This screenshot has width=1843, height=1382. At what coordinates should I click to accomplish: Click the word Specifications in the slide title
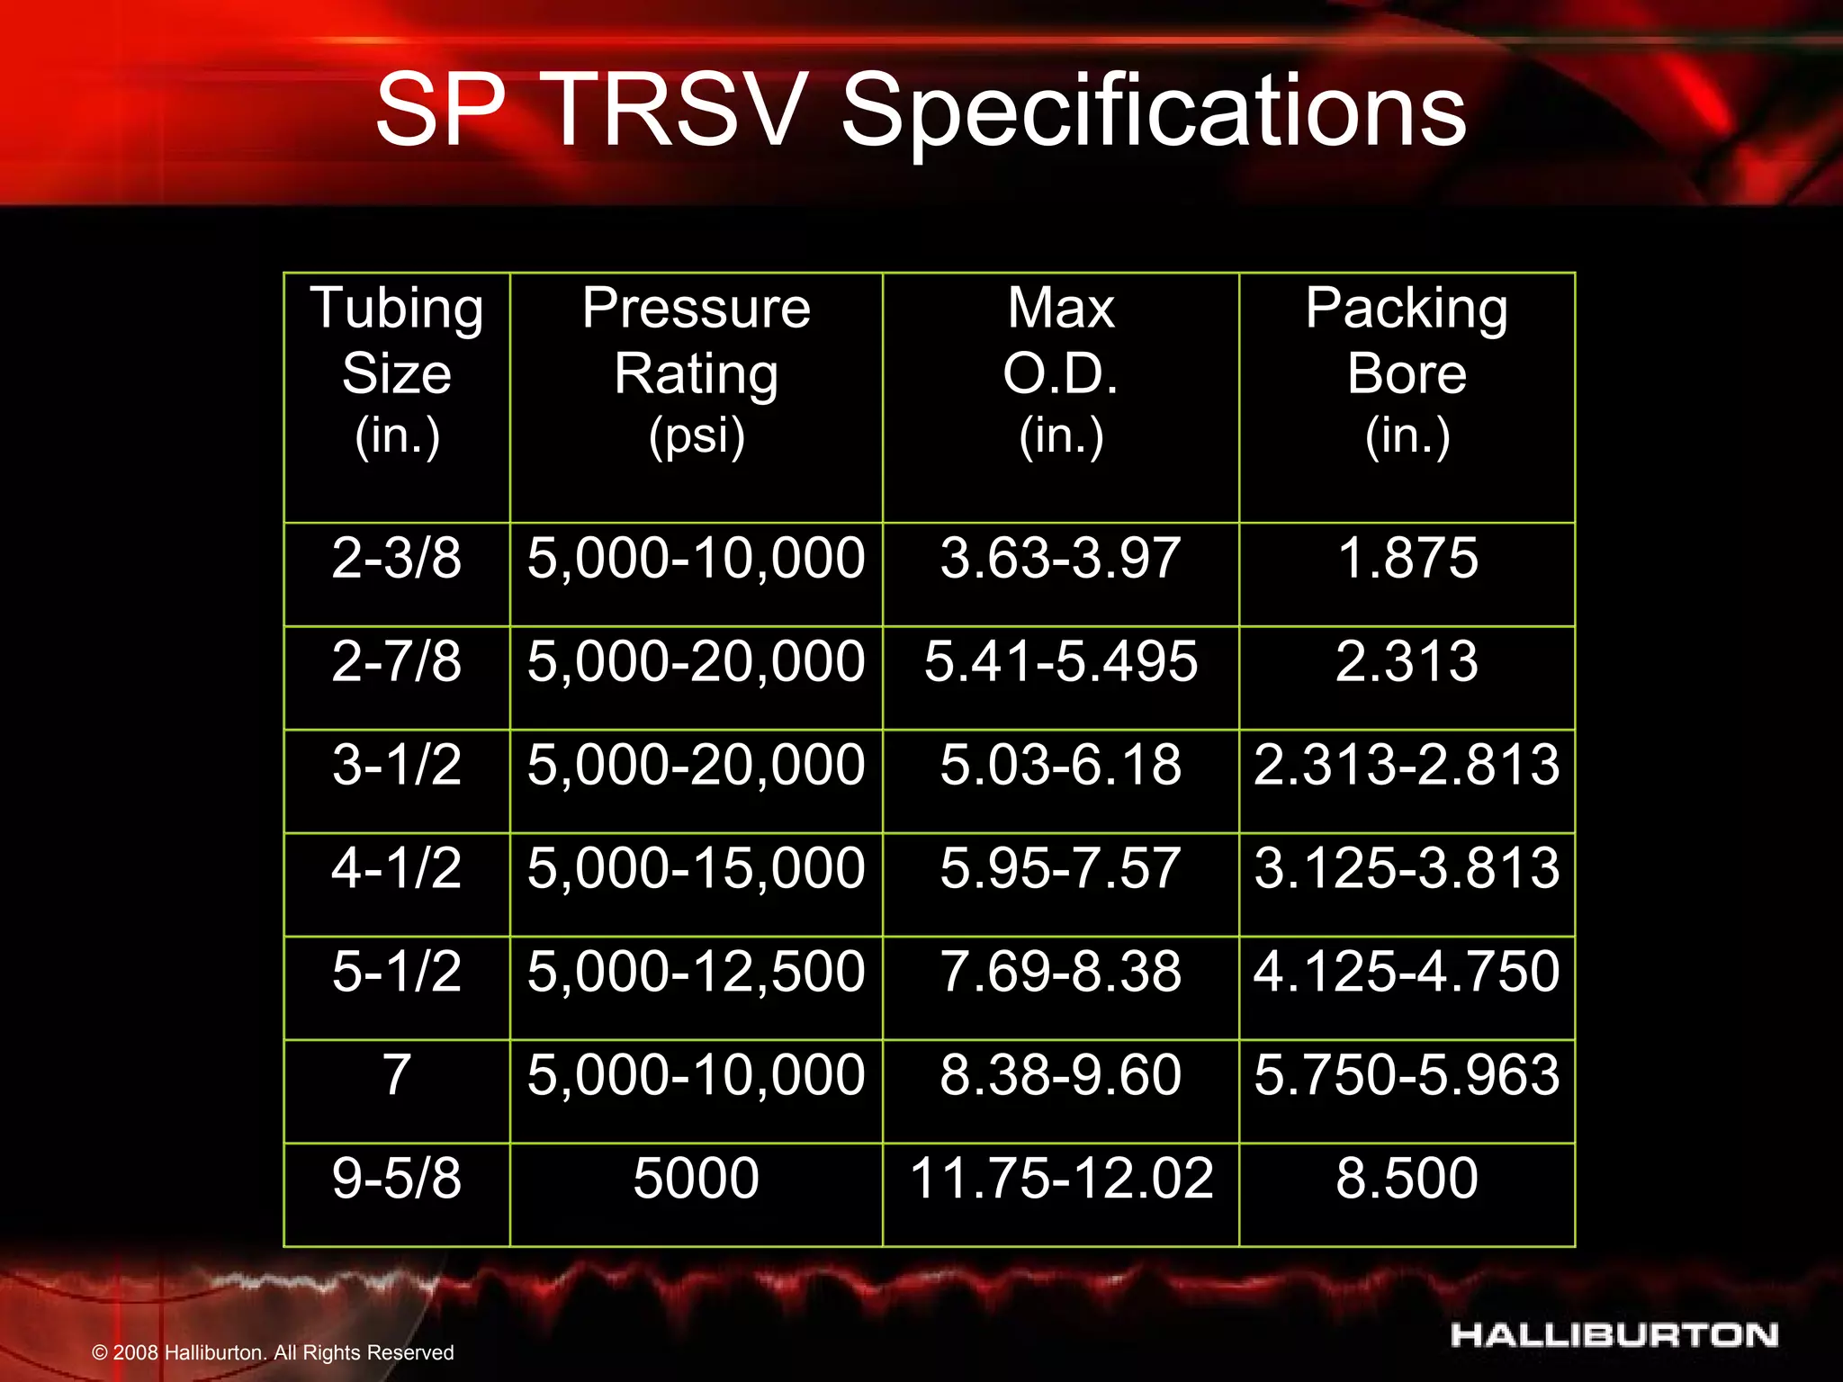(1154, 112)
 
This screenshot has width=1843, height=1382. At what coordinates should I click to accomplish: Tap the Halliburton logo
(1614, 1335)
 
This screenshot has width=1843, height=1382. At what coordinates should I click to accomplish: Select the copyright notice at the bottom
(273, 1352)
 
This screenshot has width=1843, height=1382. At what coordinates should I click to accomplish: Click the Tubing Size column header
(397, 372)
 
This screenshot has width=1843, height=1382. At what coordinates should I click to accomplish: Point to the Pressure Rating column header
(696, 372)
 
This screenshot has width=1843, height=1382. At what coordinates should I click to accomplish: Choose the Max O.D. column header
(1060, 372)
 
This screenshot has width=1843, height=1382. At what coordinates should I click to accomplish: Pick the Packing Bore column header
(1407, 372)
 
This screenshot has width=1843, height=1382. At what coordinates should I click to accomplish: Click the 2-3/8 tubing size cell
(397, 558)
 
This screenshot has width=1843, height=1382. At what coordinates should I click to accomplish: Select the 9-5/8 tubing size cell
(397, 1178)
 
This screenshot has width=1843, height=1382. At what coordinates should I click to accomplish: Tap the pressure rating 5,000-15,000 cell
(696, 868)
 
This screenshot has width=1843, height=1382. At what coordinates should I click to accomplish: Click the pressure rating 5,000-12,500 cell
(696, 972)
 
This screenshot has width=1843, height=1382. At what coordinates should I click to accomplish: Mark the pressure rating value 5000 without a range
(696, 1178)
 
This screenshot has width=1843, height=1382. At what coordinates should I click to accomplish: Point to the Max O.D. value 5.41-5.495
(1060, 661)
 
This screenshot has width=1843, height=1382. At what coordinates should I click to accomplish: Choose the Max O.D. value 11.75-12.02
(1060, 1178)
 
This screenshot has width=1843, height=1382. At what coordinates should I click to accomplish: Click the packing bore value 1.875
(1407, 558)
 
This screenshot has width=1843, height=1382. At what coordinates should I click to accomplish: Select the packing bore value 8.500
(1407, 1178)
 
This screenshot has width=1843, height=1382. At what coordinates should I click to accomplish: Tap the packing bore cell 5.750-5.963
(1407, 1074)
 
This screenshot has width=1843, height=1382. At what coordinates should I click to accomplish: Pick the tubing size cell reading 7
(397, 1074)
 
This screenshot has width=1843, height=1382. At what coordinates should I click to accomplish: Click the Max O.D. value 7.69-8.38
(1060, 972)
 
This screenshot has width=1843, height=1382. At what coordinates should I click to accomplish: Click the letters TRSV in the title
(672, 112)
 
